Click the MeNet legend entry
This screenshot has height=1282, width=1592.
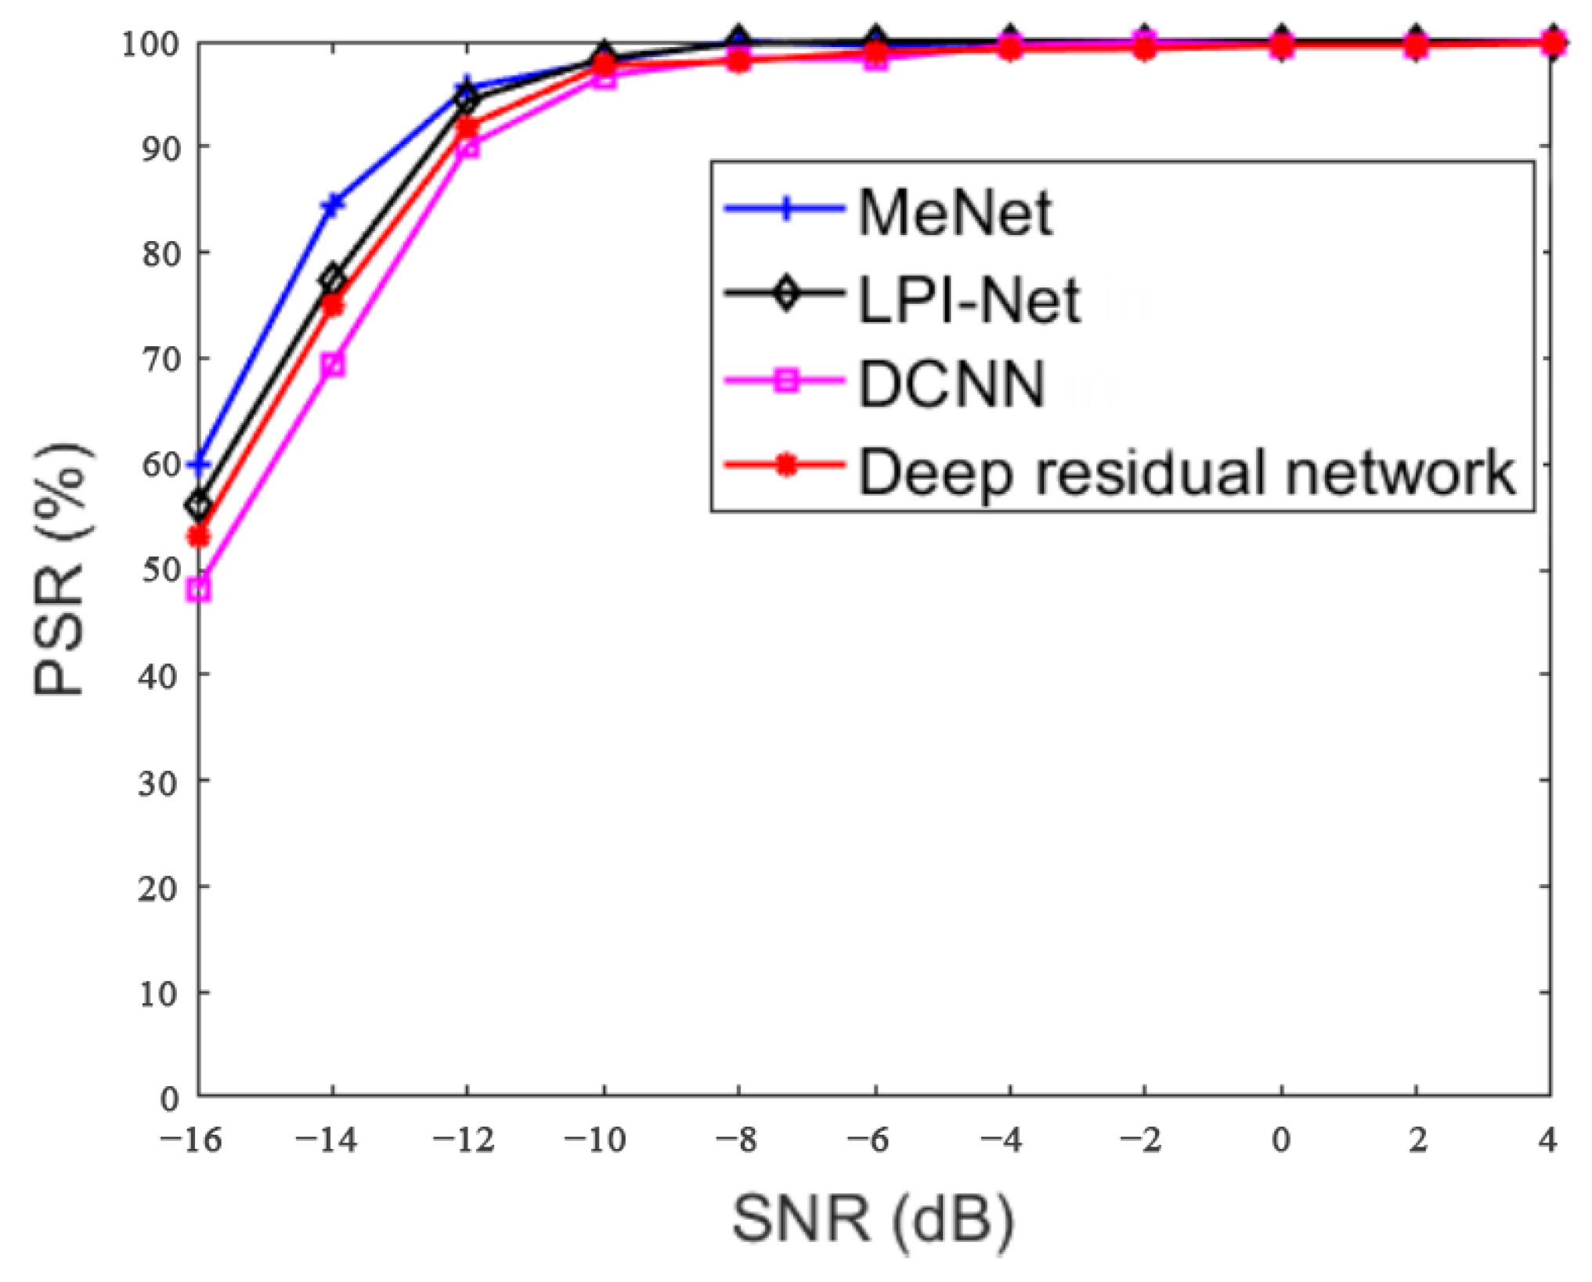pyautogui.click(x=955, y=212)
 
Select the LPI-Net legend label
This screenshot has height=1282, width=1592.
pyautogui.click(x=969, y=300)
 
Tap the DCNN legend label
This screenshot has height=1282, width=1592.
pyautogui.click(x=951, y=384)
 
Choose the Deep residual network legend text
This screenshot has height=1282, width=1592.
pyautogui.click(x=1187, y=472)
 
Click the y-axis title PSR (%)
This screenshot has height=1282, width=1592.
pyautogui.click(x=61, y=569)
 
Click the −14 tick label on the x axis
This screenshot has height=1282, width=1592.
pyautogui.click(x=326, y=1140)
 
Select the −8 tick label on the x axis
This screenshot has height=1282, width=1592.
pyautogui.click(x=736, y=1140)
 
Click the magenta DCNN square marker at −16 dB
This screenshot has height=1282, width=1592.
pyautogui.click(x=200, y=590)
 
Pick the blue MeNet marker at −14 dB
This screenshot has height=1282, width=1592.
pyautogui.click(x=333, y=205)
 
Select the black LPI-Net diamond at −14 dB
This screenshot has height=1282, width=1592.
pyautogui.click(x=333, y=278)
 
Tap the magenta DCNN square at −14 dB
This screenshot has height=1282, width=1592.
pyautogui.click(x=333, y=364)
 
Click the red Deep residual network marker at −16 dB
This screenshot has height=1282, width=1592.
pyautogui.click(x=200, y=536)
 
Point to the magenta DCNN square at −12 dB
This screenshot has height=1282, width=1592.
pyautogui.click(x=467, y=146)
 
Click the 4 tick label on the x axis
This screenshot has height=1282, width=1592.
pyautogui.click(x=1547, y=1140)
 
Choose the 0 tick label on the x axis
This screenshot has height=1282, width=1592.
pyautogui.click(x=1281, y=1140)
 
